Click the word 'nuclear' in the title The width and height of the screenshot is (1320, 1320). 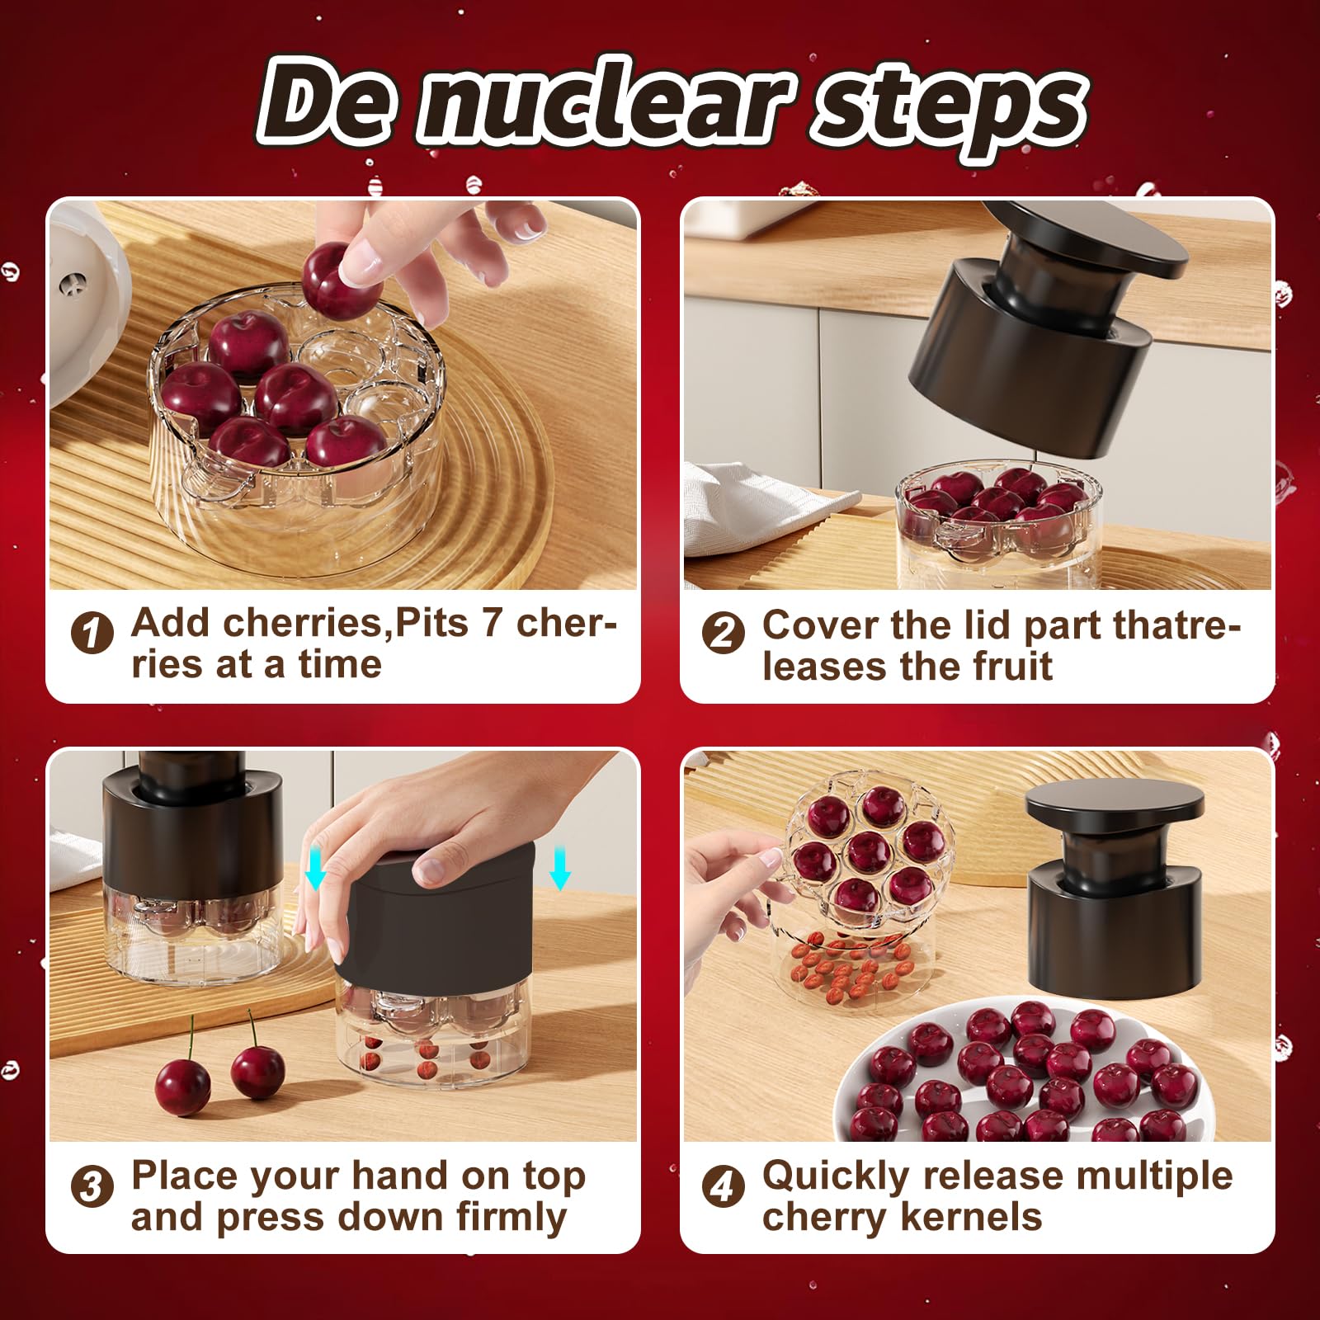606,107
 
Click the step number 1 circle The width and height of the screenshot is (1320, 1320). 92,634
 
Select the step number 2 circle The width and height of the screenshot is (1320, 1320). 723,634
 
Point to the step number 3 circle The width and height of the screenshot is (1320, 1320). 92,1187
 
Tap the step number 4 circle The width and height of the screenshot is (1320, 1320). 723,1187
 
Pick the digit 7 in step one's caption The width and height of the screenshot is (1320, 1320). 492,623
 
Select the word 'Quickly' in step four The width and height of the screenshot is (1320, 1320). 834,1176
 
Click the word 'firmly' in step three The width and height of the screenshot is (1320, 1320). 511,1217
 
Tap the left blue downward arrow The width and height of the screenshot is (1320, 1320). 315,870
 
